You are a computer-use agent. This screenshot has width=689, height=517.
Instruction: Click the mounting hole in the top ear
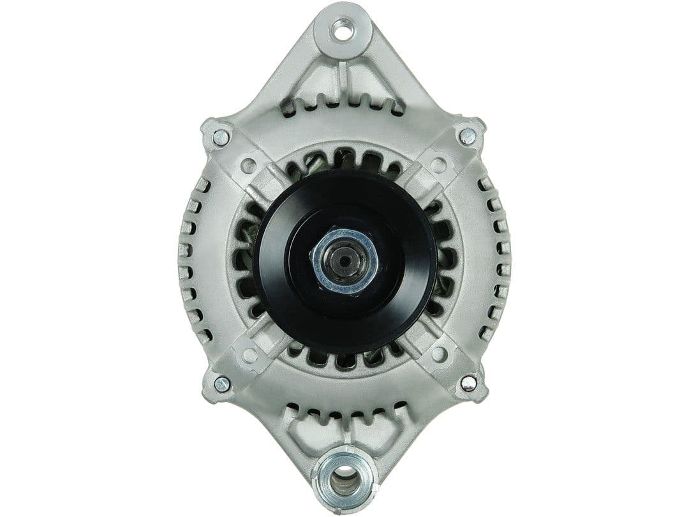point(343,28)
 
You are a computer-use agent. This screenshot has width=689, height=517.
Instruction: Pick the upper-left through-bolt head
point(221,136)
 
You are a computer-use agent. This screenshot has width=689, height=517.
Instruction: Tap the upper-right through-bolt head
point(467,135)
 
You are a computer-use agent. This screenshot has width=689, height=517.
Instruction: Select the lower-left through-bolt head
point(221,384)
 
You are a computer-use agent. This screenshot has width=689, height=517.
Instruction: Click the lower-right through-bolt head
point(468,382)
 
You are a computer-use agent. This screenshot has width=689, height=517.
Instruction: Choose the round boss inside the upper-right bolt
point(438,165)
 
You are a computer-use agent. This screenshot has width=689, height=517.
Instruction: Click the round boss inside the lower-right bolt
point(438,353)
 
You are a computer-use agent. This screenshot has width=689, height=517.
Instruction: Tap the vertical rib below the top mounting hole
point(344,77)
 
